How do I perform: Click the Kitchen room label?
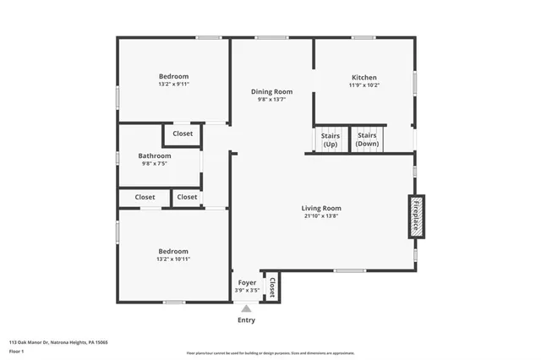coord(363,77)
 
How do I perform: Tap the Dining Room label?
coord(271,91)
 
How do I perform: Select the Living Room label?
coord(321,208)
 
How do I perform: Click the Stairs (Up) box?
coord(330,139)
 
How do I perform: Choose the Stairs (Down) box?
coord(367,139)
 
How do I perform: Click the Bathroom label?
coord(155,155)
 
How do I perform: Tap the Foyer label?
coord(246,282)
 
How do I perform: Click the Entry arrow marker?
coord(246,308)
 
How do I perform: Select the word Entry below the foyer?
coord(246,320)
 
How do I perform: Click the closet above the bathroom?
coord(183,134)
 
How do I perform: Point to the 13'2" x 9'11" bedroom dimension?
coord(173,85)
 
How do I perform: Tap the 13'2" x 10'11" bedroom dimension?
coord(173,259)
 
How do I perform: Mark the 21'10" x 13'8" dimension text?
coord(321,215)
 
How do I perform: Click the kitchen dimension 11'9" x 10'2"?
coord(363,85)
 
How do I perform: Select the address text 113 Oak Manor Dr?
coord(58,342)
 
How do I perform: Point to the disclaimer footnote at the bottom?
coord(270,353)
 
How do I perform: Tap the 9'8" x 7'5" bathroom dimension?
coord(155,164)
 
